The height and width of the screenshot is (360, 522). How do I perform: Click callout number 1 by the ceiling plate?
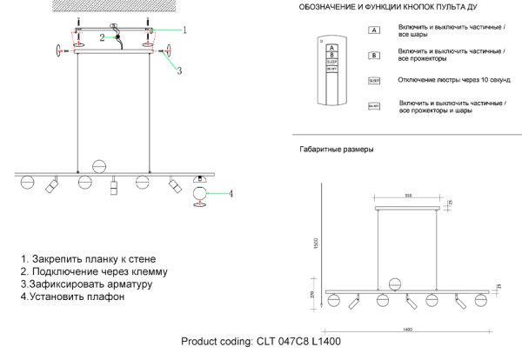(x=184, y=29)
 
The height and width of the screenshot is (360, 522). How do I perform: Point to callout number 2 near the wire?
(x=102, y=37)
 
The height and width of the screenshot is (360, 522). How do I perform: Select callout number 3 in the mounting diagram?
(x=179, y=70)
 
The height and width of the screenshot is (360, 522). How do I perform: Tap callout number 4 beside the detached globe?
(x=231, y=193)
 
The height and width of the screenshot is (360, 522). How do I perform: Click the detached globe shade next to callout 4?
(x=201, y=192)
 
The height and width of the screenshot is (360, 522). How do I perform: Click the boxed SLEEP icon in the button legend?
(x=374, y=80)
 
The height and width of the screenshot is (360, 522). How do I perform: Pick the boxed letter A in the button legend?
(x=374, y=30)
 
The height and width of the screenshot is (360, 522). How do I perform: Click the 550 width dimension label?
(x=408, y=196)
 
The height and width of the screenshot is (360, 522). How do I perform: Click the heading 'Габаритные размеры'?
(x=336, y=150)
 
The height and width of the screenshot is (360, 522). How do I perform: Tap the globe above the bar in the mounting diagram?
(x=99, y=165)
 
